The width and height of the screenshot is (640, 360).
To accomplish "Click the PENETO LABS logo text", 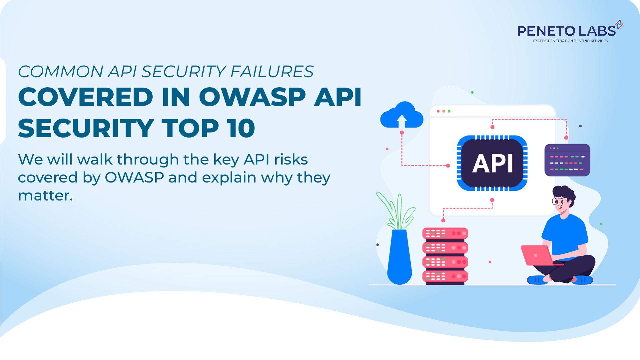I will pyautogui.click(x=566, y=31).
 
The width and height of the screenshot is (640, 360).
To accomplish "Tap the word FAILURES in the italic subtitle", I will pyautogui.click(x=272, y=72).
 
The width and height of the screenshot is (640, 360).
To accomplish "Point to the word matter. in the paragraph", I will pyautogui.click(x=45, y=195).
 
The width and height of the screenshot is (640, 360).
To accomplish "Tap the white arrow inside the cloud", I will pyautogui.click(x=402, y=121).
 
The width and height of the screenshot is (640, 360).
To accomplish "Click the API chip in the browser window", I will pyautogui.click(x=492, y=163).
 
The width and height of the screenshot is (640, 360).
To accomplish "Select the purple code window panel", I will pyautogui.click(x=567, y=160).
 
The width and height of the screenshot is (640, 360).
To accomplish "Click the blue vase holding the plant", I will pyautogui.click(x=399, y=256).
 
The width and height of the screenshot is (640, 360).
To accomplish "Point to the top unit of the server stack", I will pyautogui.click(x=445, y=233).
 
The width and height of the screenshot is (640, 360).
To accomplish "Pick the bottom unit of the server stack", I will pyautogui.click(x=445, y=276).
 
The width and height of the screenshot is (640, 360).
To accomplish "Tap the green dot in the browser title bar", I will pyautogui.click(x=449, y=111).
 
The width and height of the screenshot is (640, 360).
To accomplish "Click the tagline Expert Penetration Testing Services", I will pyautogui.click(x=570, y=41).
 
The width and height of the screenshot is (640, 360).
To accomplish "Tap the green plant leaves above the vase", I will pyautogui.click(x=396, y=210).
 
